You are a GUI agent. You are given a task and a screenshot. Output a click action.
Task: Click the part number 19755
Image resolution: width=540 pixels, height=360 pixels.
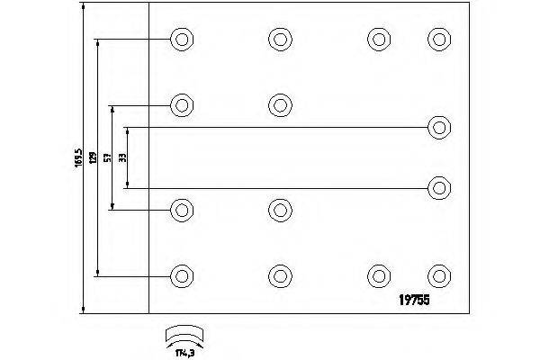coord(415,302)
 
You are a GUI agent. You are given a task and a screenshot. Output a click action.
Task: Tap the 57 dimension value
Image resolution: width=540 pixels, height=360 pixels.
coord(106,158)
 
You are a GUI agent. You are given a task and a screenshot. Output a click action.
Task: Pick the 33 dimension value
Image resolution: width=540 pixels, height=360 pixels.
coord(121,157)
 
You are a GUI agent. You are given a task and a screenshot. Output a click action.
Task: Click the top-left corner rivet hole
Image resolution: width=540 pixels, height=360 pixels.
coord(182,40)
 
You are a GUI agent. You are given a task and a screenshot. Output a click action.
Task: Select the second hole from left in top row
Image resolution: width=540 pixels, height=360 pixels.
coord(279,40)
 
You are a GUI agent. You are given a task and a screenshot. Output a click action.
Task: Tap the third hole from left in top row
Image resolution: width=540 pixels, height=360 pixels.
coord(378,40)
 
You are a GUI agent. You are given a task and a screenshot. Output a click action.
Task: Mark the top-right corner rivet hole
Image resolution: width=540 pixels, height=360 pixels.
coord(438,40)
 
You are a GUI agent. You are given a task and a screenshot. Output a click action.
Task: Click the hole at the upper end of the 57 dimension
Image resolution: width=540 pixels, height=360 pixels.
coord(182,104)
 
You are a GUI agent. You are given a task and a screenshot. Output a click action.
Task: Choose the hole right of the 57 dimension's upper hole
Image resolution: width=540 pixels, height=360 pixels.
coord(279,104)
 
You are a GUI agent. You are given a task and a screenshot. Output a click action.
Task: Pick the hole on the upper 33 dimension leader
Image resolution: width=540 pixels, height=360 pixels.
coord(439,127)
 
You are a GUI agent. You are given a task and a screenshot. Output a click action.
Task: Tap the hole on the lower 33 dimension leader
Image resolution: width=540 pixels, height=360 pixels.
coord(439,188)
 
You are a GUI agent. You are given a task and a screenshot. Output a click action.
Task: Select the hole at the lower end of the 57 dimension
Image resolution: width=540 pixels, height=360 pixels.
coord(182,211)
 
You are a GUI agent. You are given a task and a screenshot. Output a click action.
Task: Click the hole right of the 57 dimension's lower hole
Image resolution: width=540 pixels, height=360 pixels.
coord(279,211)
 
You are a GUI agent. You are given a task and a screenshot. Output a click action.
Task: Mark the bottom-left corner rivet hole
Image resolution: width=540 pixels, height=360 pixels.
coord(182,274)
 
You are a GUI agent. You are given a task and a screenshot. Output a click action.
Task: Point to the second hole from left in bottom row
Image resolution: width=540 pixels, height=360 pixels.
coord(279,274)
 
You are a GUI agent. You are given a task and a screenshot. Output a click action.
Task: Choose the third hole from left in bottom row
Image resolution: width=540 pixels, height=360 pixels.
coord(378,274)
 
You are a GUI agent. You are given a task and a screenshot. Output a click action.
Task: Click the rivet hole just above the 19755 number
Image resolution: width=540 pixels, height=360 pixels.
coord(438,274)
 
